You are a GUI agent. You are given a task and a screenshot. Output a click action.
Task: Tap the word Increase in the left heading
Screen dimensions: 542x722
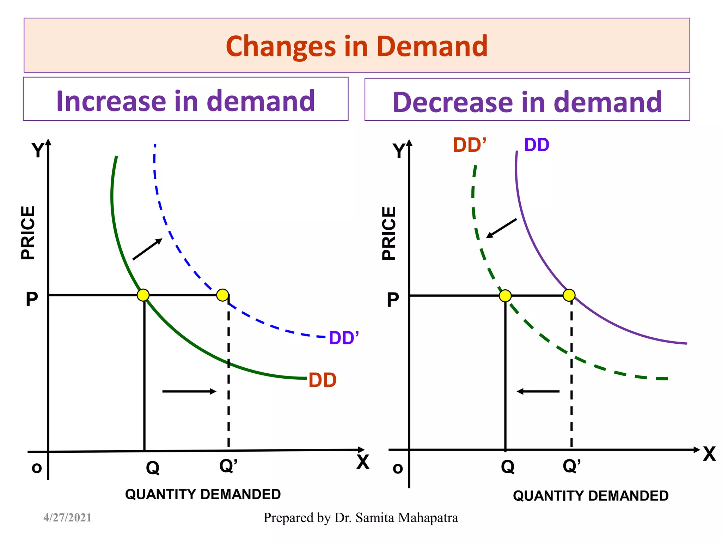[111, 101]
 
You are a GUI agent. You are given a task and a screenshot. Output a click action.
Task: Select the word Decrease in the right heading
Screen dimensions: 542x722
[452, 102]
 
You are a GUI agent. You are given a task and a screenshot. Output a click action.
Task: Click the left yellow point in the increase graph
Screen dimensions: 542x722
[143, 295]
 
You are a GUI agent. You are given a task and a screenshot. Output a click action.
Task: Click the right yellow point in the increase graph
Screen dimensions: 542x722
[222, 295]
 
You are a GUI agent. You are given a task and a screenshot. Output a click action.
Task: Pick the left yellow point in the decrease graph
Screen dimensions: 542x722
[505, 296]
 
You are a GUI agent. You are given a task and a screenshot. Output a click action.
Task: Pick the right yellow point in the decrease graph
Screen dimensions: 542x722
[569, 295]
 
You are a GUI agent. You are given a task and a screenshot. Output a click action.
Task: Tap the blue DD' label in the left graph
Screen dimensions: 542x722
[343, 338]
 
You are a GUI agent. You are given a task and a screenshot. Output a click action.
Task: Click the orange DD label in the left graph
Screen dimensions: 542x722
[322, 380]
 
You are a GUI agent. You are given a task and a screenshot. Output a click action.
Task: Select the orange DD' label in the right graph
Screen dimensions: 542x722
[469, 145]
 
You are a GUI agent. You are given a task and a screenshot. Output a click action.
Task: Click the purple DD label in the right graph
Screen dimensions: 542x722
[537, 145]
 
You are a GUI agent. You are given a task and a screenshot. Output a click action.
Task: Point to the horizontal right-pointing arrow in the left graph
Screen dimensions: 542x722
[189, 391]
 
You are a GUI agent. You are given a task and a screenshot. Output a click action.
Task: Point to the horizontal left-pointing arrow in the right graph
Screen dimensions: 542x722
[538, 391]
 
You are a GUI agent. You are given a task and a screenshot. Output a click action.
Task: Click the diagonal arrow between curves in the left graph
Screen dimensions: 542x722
[147, 249]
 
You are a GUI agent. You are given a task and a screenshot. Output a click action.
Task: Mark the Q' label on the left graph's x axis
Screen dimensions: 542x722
[228, 466]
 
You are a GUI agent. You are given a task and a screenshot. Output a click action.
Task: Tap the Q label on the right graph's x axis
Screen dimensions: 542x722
[508, 467]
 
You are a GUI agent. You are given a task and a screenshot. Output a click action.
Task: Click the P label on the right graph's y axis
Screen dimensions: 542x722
[393, 300]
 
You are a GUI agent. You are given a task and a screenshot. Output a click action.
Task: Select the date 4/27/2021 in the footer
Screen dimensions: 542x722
[67, 518]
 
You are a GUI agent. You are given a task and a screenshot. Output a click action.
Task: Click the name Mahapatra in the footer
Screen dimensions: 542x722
[428, 518]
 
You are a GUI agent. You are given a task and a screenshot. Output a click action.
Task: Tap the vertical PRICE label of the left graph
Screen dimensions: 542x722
[28, 233]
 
